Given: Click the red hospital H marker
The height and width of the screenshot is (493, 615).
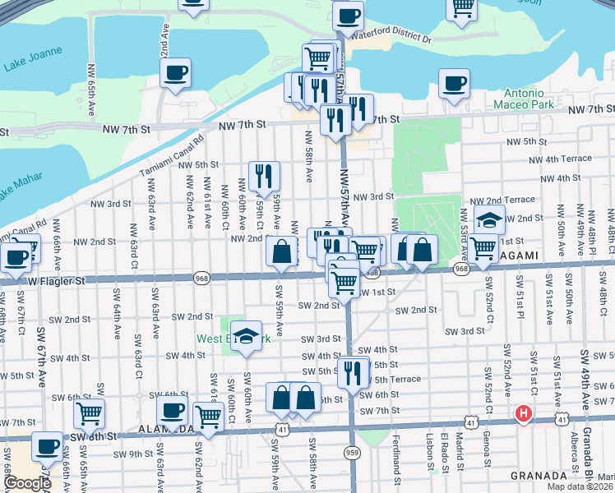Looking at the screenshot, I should tap(522, 413).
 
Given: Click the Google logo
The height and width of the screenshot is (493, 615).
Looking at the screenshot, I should tap(27, 484).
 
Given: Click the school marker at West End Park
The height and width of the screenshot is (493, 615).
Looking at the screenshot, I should tap(246, 337).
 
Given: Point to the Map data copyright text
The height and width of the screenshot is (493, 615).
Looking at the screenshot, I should tap(579, 486).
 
